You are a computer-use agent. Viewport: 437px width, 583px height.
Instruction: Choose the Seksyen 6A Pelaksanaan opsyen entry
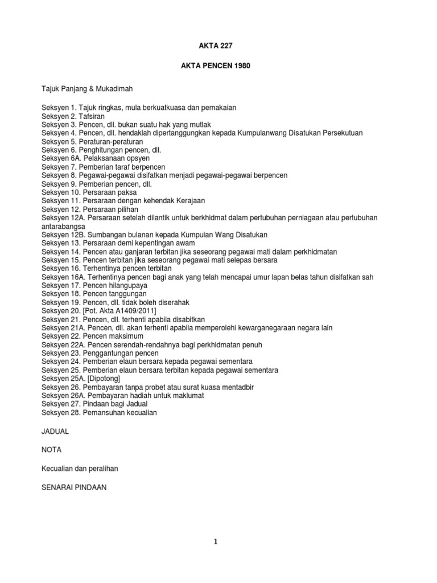[94, 158]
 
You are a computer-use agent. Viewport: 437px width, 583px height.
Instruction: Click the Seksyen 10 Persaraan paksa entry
[89, 192]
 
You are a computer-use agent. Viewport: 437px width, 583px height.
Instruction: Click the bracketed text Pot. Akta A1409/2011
[119, 311]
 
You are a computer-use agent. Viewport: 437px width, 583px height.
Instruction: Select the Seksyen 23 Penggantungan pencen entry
[100, 354]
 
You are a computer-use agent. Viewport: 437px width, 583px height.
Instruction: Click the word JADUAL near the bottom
[55, 432]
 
